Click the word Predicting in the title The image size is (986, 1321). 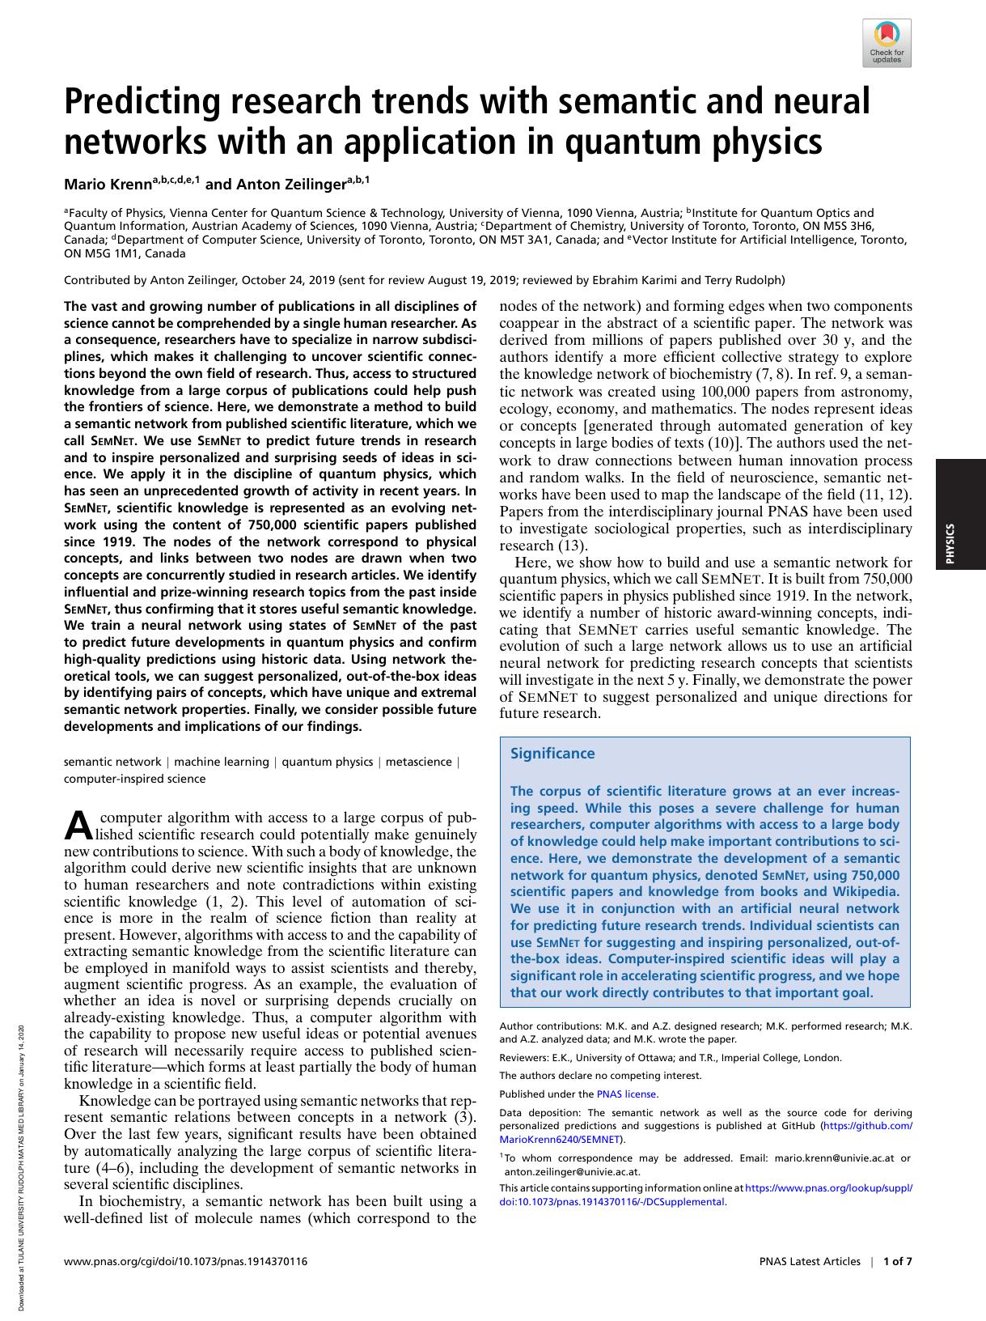[137, 103]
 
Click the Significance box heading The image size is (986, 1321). [552, 754]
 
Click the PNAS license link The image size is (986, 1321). [627, 1094]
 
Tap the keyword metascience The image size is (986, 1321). [419, 762]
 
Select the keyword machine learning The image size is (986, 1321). [222, 762]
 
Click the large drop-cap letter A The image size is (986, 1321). [78, 826]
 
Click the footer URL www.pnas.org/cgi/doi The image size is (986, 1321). [185, 1261]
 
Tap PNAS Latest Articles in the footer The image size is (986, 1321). [810, 1261]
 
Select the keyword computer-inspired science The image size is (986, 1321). [134, 779]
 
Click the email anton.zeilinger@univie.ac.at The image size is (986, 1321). [572, 1171]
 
